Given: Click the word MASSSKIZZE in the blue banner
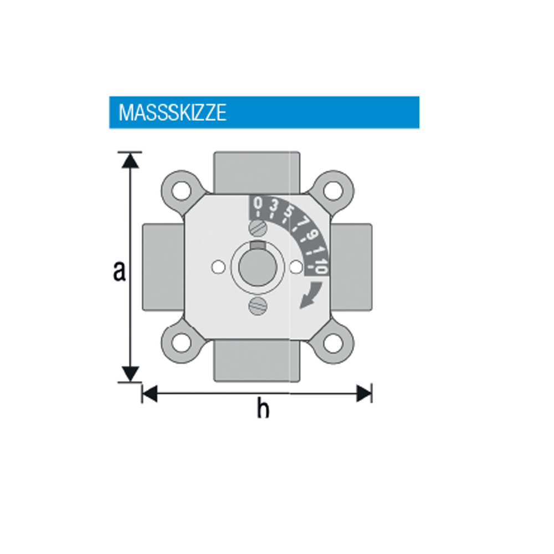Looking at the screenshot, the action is coord(172,112).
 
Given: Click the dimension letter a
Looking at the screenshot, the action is coord(120,271).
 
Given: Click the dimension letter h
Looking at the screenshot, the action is coord(263,408).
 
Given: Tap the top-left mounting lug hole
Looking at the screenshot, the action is coord(182,191).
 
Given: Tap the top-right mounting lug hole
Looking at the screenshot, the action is coord(333,191).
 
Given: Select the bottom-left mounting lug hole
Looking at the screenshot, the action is coord(182,343).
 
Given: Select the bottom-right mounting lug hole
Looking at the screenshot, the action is coord(333,343).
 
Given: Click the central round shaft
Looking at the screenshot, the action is coord(258,268).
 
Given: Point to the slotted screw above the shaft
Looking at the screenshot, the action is coord(258,228).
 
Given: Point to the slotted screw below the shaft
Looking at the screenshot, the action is coord(258,306).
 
